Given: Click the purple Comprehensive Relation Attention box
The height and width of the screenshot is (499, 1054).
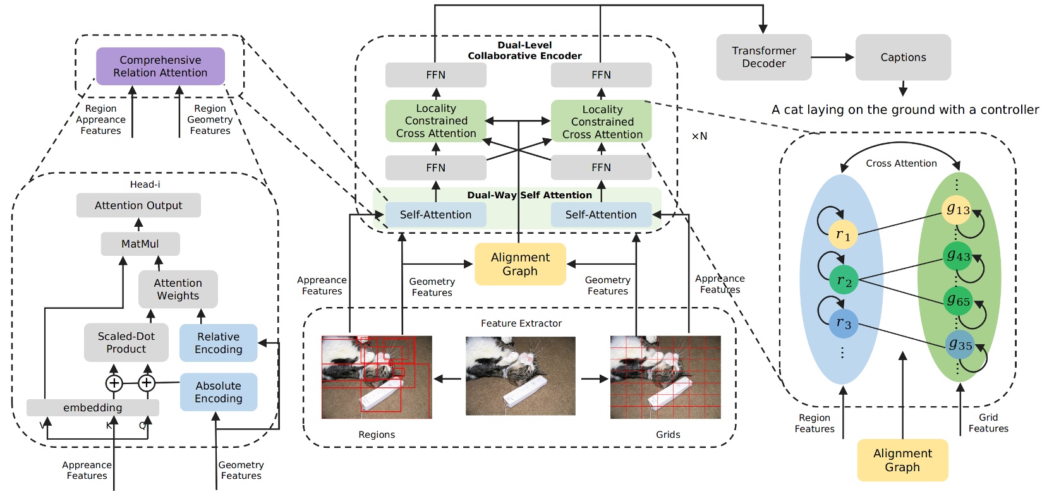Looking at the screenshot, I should [160, 66].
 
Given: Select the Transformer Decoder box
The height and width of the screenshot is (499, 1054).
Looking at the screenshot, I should [763, 57].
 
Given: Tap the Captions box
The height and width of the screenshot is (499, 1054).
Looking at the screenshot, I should [902, 57].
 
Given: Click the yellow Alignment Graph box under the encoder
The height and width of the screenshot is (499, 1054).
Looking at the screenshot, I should [520, 264].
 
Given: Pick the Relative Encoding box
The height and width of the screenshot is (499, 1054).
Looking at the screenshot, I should [218, 343].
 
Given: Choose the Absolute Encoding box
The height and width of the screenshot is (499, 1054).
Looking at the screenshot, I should [218, 392].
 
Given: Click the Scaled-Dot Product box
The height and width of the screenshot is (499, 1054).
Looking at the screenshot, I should [126, 343].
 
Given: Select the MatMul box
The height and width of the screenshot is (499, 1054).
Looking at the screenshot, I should [140, 244].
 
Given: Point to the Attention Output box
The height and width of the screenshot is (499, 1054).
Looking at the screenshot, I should [138, 205].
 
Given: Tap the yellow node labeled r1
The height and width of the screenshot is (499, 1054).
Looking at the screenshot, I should [843, 234].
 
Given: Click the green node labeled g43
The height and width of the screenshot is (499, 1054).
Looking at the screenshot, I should [957, 256].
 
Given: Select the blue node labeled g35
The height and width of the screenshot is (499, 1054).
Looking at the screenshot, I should [959, 345].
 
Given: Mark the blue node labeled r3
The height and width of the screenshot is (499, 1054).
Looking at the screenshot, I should [843, 323].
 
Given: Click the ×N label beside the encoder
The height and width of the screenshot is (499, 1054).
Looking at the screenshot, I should [699, 136].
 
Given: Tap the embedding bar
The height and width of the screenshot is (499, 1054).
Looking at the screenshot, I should [92, 407].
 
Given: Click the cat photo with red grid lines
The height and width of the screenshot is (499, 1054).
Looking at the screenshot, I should [665, 377].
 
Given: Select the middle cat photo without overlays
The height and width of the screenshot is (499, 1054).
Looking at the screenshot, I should [520, 376].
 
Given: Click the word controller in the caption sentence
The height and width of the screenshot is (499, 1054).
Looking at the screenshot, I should [1009, 110].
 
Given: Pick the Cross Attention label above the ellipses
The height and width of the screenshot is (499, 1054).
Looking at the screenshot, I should [900, 164].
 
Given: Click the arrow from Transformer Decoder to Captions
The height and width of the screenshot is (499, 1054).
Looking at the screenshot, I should [832, 57].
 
